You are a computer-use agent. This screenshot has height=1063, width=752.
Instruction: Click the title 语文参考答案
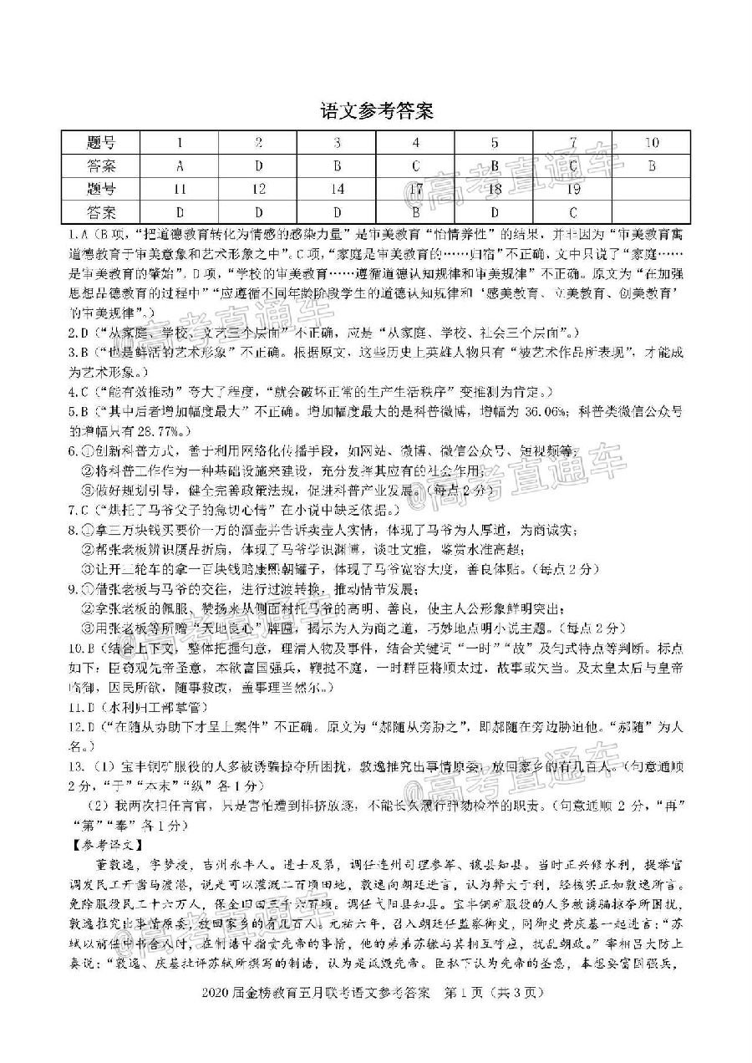[x=376, y=109]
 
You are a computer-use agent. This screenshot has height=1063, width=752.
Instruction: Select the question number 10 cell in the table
[x=651, y=142]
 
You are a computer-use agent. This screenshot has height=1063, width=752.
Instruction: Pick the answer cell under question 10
[x=651, y=165]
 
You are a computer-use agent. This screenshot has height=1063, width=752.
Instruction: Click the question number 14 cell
[x=337, y=189]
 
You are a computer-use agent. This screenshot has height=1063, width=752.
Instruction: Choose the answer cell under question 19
[x=572, y=212]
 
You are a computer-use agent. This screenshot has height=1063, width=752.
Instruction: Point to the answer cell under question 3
[x=337, y=165]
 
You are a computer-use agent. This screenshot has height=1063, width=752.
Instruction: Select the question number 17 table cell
[x=415, y=189]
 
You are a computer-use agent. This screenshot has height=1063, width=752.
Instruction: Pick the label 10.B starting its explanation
[x=82, y=648]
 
